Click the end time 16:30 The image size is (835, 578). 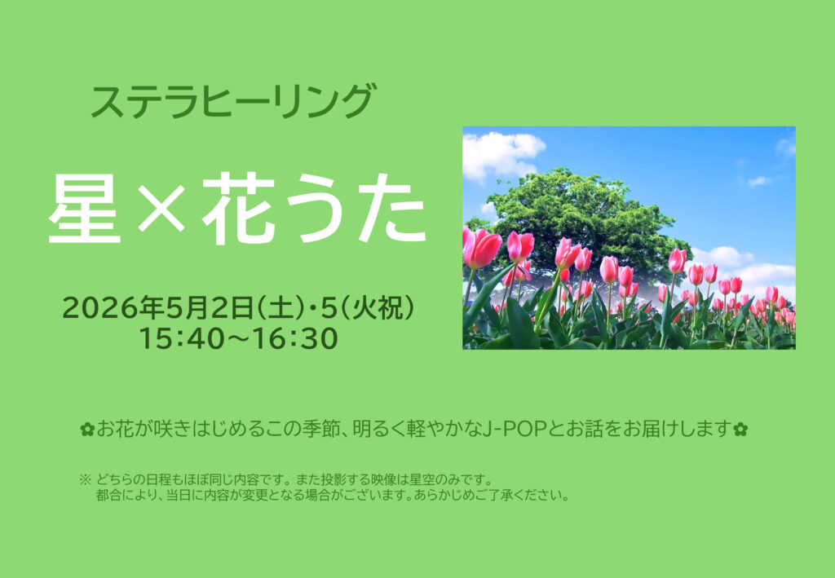(295, 338)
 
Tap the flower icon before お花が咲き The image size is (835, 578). (86, 429)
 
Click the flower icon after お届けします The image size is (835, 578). (740, 429)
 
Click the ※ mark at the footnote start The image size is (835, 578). (85, 480)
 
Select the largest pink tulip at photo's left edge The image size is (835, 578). (482, 248)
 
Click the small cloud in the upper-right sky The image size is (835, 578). (759, 182)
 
